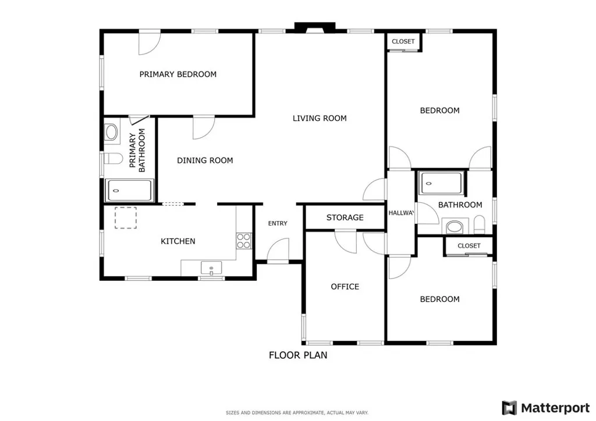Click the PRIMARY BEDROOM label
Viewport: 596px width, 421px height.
pos(178,74)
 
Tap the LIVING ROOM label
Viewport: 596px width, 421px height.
pos(319,119)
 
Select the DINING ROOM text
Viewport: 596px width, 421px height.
pos(205,160)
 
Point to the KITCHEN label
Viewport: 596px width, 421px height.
pos(178,241)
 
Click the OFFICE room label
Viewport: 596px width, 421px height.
pos(345,287)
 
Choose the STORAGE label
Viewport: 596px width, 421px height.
pos(345,217)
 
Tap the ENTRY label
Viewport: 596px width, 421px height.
pos(278,224)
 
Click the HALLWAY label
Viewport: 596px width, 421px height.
pos(401,213)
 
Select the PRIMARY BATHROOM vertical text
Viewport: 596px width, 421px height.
pos(137,153)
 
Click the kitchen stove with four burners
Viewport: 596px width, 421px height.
pos(244,241)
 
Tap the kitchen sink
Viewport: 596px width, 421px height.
pos(211,268)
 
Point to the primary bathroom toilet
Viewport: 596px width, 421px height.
pos(112,158)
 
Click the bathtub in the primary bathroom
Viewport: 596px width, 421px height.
pos(130,190)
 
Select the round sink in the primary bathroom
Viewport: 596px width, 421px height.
pos(111,132)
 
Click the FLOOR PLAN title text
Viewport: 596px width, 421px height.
pos(297,355)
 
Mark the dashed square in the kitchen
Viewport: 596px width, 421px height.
pos(125,217)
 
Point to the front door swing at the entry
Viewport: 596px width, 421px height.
pos(278,252)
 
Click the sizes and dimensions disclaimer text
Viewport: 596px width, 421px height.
pos(297,412)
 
